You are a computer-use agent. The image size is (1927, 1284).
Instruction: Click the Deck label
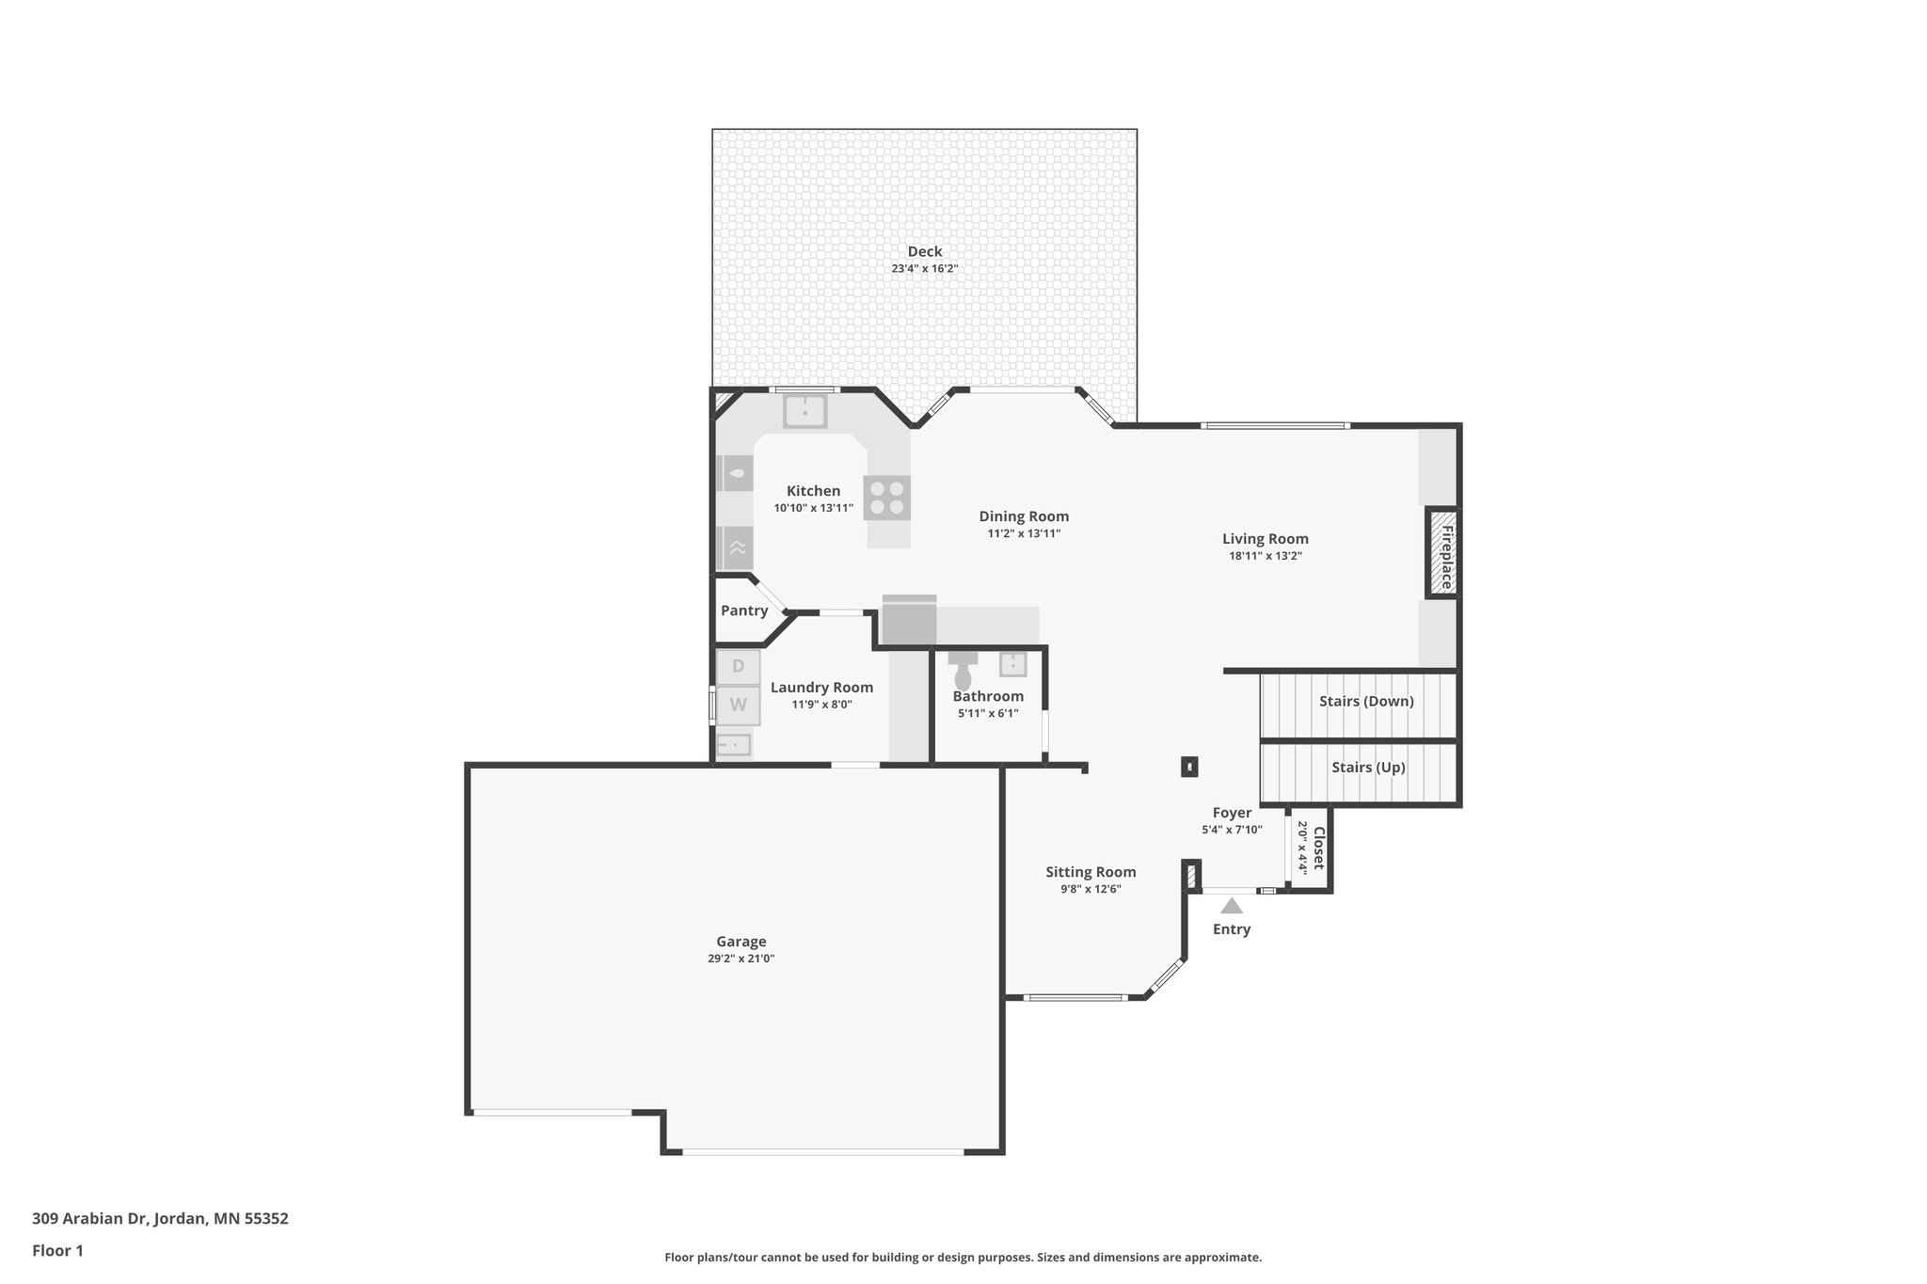click(x=924, y=251)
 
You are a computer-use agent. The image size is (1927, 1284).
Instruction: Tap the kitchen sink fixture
click(x=805, y=411)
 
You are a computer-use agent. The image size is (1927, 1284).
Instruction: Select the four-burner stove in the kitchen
click(x=887, y=499)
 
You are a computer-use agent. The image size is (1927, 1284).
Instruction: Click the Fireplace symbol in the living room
click(x=1442, y=552)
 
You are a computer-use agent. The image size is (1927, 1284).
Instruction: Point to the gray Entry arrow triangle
click(x=1232, y=907)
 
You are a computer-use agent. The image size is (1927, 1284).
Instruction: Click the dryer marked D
click(x=739, y=667)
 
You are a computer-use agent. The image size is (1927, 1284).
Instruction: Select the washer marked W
click(x=739, y=705)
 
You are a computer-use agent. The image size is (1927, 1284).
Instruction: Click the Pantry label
click(x=744, y=610)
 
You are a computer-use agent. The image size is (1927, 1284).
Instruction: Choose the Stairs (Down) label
click(x=1366, y=701)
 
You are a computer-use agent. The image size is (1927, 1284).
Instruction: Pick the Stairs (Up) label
click(x=1368, y=768)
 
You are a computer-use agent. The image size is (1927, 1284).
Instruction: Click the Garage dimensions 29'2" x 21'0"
click(x=741, y=959)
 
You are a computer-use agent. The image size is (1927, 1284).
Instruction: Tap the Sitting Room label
click(x=1091, y=872)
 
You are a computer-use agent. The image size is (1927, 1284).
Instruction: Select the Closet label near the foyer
click(x=1318, y=848)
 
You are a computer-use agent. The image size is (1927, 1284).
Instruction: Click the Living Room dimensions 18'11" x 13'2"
click(x=1265, y=556)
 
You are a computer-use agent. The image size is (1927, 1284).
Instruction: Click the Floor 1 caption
click(x=57, y=1250)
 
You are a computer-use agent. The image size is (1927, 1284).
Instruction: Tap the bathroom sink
click(x=1012, y=664)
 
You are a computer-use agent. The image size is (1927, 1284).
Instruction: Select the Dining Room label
click(x=1024, y=516)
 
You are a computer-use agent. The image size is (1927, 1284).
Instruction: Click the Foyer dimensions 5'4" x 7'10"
click(x=1232, y=830)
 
